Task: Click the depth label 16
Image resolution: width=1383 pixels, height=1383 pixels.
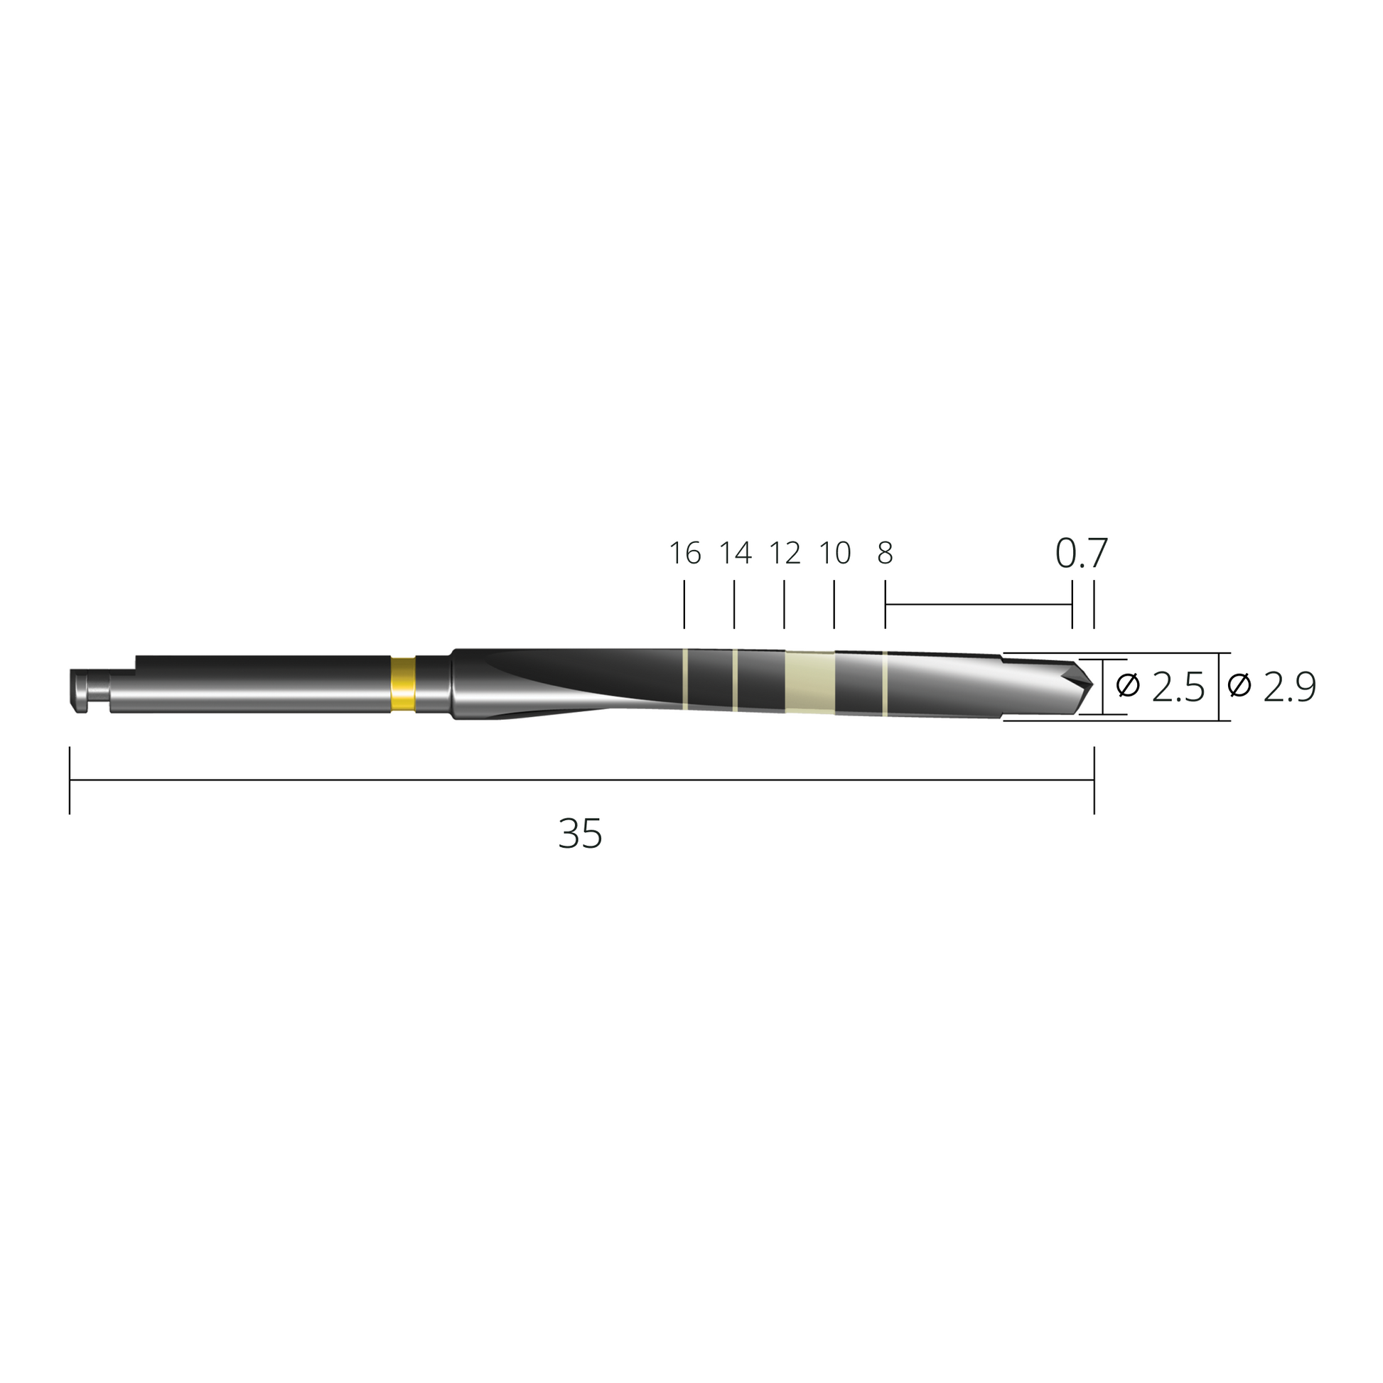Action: pyautogui.click(x=685, y=554)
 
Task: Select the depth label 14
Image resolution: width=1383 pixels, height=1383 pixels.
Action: pyautogui.click(x=735, y=554)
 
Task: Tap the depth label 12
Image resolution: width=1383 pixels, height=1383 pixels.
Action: pyautogui.click(x=785, y=554)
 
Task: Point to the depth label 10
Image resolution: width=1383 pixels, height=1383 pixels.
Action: pyautogui.click(x=834, y=554)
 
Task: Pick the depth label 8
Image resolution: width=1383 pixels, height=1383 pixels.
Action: pyautogui.click(x=886, y=554)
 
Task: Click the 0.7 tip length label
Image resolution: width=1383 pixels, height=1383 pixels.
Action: pyautogui.click(x=1082, y=554)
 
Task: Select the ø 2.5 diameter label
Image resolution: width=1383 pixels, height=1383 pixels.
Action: pyautogui.click(x=1161, y=687)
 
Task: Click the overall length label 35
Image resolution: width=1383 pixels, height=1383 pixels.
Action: pyautogui.click(x=581, y=834)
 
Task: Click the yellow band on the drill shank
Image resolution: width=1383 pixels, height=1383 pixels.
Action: pyautogui.click(x=404, y=684)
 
